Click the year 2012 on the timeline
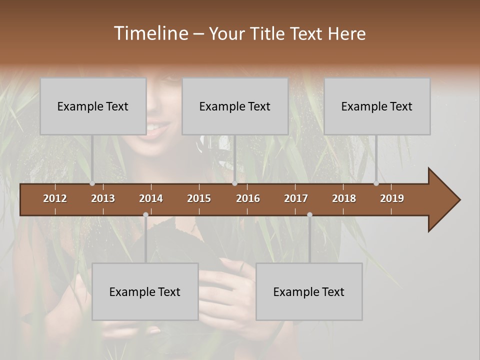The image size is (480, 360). [55, 198]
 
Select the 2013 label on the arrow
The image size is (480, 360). [103, 198]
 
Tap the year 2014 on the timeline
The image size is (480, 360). [151, 198]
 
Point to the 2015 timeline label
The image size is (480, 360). [199, 198]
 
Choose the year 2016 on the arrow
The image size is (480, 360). [248, 198]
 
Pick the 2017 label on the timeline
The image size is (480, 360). [296, 198]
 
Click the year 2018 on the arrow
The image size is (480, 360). [344, 198]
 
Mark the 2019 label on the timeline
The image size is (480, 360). [392, 198]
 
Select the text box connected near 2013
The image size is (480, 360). [93, 106]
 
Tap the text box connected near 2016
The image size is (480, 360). [235, 106]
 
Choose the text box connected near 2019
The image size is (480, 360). [377, 106]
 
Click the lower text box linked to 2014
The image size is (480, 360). [145, 291]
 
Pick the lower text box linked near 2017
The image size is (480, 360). [309, 291]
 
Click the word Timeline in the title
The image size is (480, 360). [150, 33]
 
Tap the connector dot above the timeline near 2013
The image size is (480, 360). [92, 183]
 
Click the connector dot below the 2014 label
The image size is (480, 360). [145, 215]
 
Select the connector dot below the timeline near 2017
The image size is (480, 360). [309, 215]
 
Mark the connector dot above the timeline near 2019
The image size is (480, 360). [376, 183]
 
